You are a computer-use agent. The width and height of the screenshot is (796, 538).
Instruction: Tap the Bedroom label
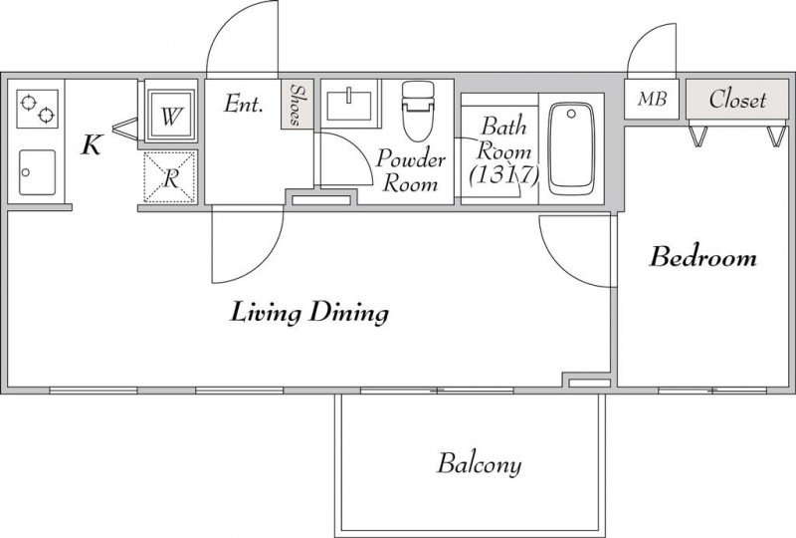(703, 258)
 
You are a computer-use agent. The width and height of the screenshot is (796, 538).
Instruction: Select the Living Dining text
(308, 314)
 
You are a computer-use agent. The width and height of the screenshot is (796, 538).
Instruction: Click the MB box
(652, 100)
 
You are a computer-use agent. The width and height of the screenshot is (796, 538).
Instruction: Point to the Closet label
(737, 100)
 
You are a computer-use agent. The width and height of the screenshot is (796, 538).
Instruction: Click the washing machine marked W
(171, 116)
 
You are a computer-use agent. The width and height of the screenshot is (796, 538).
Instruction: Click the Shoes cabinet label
(296, 105)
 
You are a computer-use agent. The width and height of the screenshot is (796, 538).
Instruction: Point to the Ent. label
(244, 104)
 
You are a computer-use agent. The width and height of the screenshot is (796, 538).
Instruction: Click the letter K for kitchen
(91, 146)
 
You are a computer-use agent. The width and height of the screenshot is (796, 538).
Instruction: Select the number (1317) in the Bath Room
(502, 176)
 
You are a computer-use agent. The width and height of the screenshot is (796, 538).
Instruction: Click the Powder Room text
(411, 171)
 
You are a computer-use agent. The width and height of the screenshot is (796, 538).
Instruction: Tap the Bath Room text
(503, 139)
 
